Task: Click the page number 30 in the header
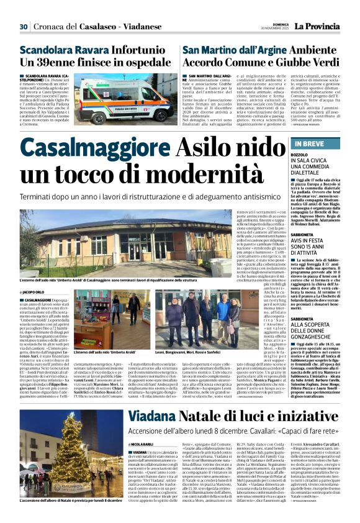tap(24, 27)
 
